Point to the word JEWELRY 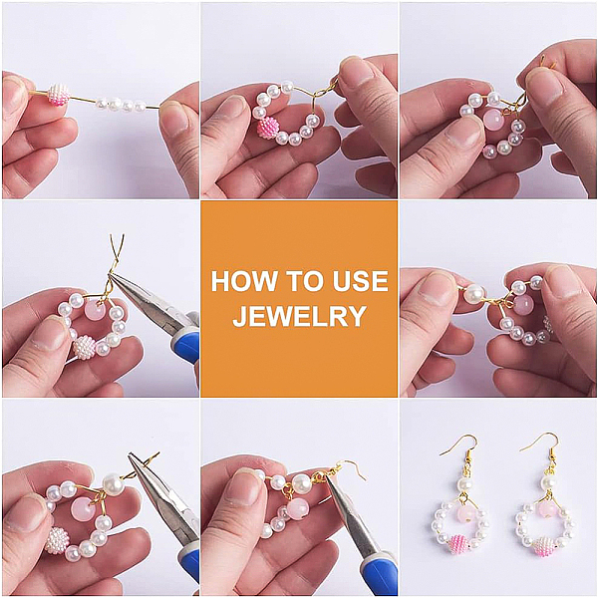tap(299, 316)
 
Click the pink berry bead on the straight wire tap(59, 95)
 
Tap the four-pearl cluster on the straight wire tap(121, 105)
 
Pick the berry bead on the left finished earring tap(459, 544)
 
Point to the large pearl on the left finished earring tap(464, 484)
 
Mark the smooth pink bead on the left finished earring tap(465, 514)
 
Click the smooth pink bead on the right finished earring tap(545, 510)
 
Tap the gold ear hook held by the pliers tap(341, 469)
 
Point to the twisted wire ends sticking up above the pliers tap(117, 252)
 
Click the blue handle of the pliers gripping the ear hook tap(377, 575)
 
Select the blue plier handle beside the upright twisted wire tap(186, 345)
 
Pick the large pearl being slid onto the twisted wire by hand tap(474, 294)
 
